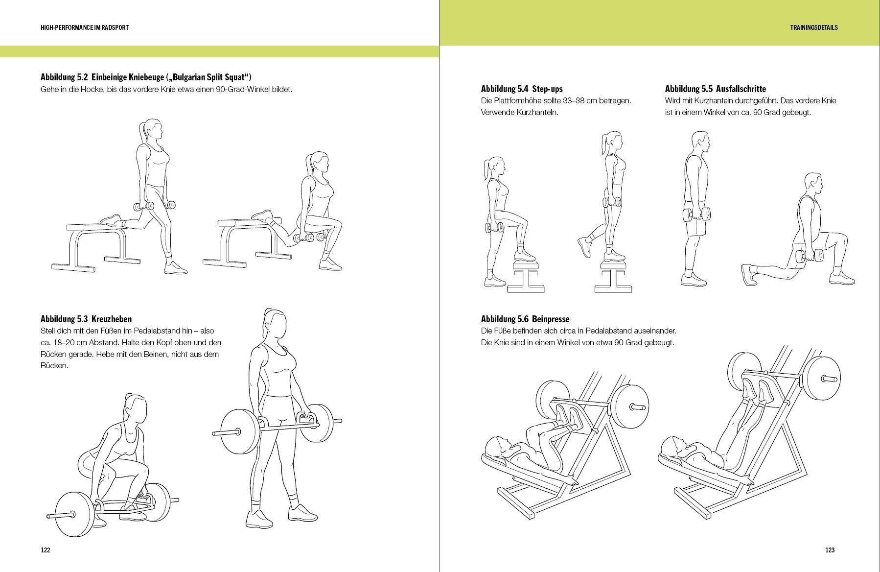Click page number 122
pos(46,550)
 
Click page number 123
pos(830,550)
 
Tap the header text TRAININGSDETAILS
pos(813,27)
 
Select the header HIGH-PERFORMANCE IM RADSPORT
pos(85,27)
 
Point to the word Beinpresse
pos(551,319)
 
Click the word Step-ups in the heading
pos(547,89)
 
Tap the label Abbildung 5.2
pos(64,77)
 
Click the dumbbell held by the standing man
pos(695,214)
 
